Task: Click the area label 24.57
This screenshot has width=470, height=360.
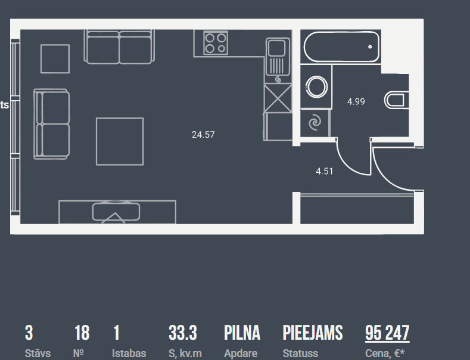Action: [203, 135]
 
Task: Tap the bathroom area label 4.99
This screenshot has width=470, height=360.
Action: [356, 101]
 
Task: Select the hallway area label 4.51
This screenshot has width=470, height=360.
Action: [324, 172]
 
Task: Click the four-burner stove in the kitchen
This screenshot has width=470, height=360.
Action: [215, 43]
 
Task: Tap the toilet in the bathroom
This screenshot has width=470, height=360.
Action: [396, 100]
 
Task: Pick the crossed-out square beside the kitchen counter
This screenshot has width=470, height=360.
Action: [278, 98]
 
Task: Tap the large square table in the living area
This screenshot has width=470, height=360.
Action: [120, 141]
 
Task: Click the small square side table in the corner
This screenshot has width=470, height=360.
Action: [55, 58]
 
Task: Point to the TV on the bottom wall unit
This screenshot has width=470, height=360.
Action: [116, 212]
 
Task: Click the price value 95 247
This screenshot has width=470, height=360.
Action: [387, 333]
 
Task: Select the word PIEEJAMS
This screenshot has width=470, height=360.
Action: [312, 333]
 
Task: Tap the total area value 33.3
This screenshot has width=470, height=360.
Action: [183, 333]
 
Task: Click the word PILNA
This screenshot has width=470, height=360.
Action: [242, 333]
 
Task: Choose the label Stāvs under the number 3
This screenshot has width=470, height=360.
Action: [38, 353]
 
